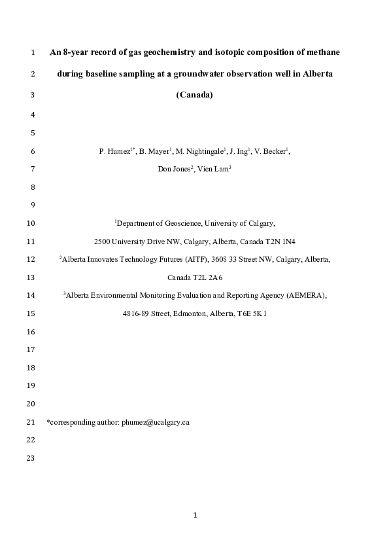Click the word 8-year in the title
pyautogui.click(x=76, y=52)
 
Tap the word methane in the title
pyautogui.click(x=321, y=52)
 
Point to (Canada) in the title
pyautogui.click(x=195, y=94)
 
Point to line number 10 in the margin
pyautogui.click(x=31, y=223)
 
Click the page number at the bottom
pyautogui.click(x=195, y=516)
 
